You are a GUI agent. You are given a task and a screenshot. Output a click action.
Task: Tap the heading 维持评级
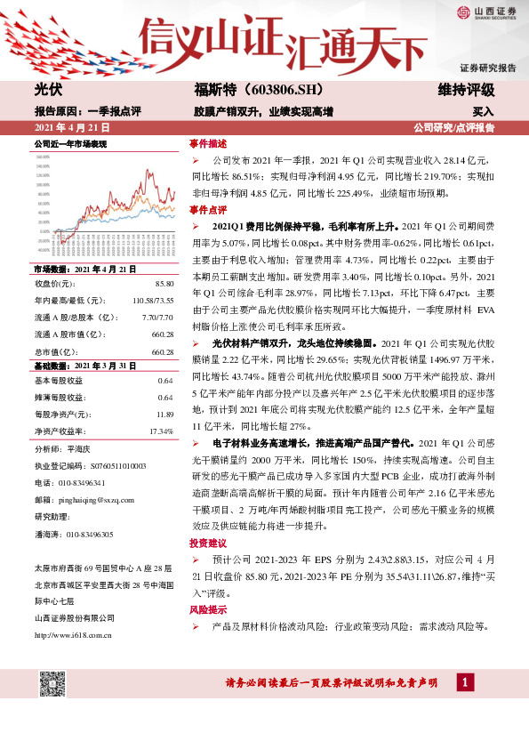point(466,91)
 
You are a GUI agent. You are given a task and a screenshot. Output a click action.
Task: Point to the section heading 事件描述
point(207,143)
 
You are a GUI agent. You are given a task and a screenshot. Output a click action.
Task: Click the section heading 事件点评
point(207,209)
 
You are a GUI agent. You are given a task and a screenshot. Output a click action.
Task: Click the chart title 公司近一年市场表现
point(70,143)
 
